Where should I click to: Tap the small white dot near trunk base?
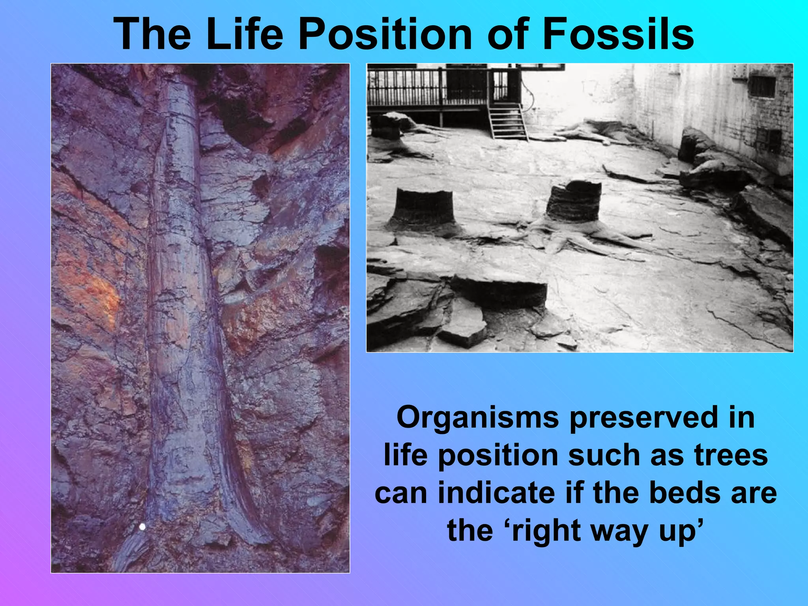pyautogui.click(x=143, y=526)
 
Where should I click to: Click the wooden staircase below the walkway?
pyautogui.click(x=507, y=120)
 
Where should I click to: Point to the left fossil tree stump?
pyautogui.click(x=423, y=209)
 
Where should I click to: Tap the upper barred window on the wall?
pyautogui.click(x=762, y=87)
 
